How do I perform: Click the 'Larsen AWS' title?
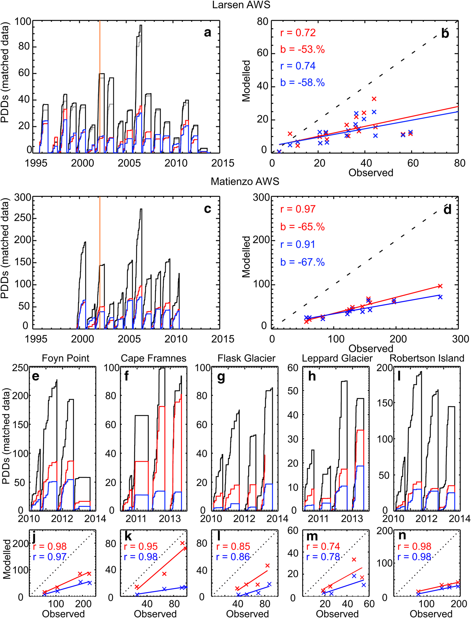tap(241, 5)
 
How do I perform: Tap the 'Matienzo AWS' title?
tap(245, 181)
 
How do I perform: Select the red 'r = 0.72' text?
tap(298, 33)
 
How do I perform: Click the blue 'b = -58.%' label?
tap(302, 82)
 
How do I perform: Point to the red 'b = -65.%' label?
tap(302, 227)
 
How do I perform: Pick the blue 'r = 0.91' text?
tap(298, 244)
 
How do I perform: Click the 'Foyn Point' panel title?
tap(66, 358)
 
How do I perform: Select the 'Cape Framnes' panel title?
tap(153, 358)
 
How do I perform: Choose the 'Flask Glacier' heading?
tap(246, 358)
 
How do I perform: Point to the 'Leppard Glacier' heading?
tap(337, 358)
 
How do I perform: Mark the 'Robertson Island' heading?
tap(427, 358)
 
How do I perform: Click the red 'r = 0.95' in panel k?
tap(141, 547)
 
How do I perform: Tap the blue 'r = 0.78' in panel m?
tap(323, 557)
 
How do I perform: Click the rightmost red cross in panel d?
tap(440, 286)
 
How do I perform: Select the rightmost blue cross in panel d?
tap(440, 297)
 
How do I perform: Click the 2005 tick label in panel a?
tap(129, 163)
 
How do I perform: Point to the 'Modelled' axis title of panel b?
tap(247, 81)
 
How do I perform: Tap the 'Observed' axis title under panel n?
tap(431, 614)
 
